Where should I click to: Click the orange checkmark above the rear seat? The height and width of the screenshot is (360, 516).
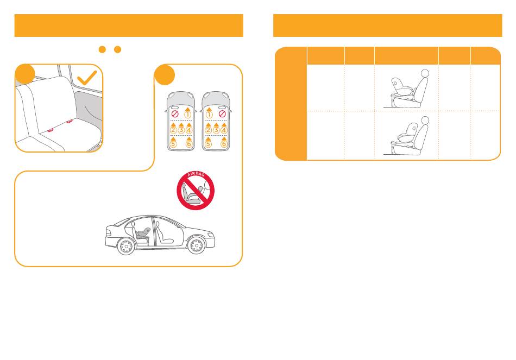pos(86,78)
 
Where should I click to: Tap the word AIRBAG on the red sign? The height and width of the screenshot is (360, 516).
pos(196,174)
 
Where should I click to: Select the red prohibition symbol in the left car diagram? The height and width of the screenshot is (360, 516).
pos(175,114)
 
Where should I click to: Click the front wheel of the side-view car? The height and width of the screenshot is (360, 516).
pos(197,245)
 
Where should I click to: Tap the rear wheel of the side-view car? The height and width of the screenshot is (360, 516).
pos(126,246)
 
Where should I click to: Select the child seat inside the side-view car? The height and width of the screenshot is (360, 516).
pos(143,233)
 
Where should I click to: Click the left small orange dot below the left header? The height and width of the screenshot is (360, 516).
pos(102,49)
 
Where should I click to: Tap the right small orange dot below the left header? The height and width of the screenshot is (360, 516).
pos(117,49)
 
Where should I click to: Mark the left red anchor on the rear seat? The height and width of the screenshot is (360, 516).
pos(51,130)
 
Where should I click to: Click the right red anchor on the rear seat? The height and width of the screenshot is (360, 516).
pos(69,122)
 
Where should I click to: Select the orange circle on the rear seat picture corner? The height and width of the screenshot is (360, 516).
pos(25,74)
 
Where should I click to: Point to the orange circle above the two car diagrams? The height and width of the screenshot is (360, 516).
pos(165,75)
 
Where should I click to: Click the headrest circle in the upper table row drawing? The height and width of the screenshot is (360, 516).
pos(425,73)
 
